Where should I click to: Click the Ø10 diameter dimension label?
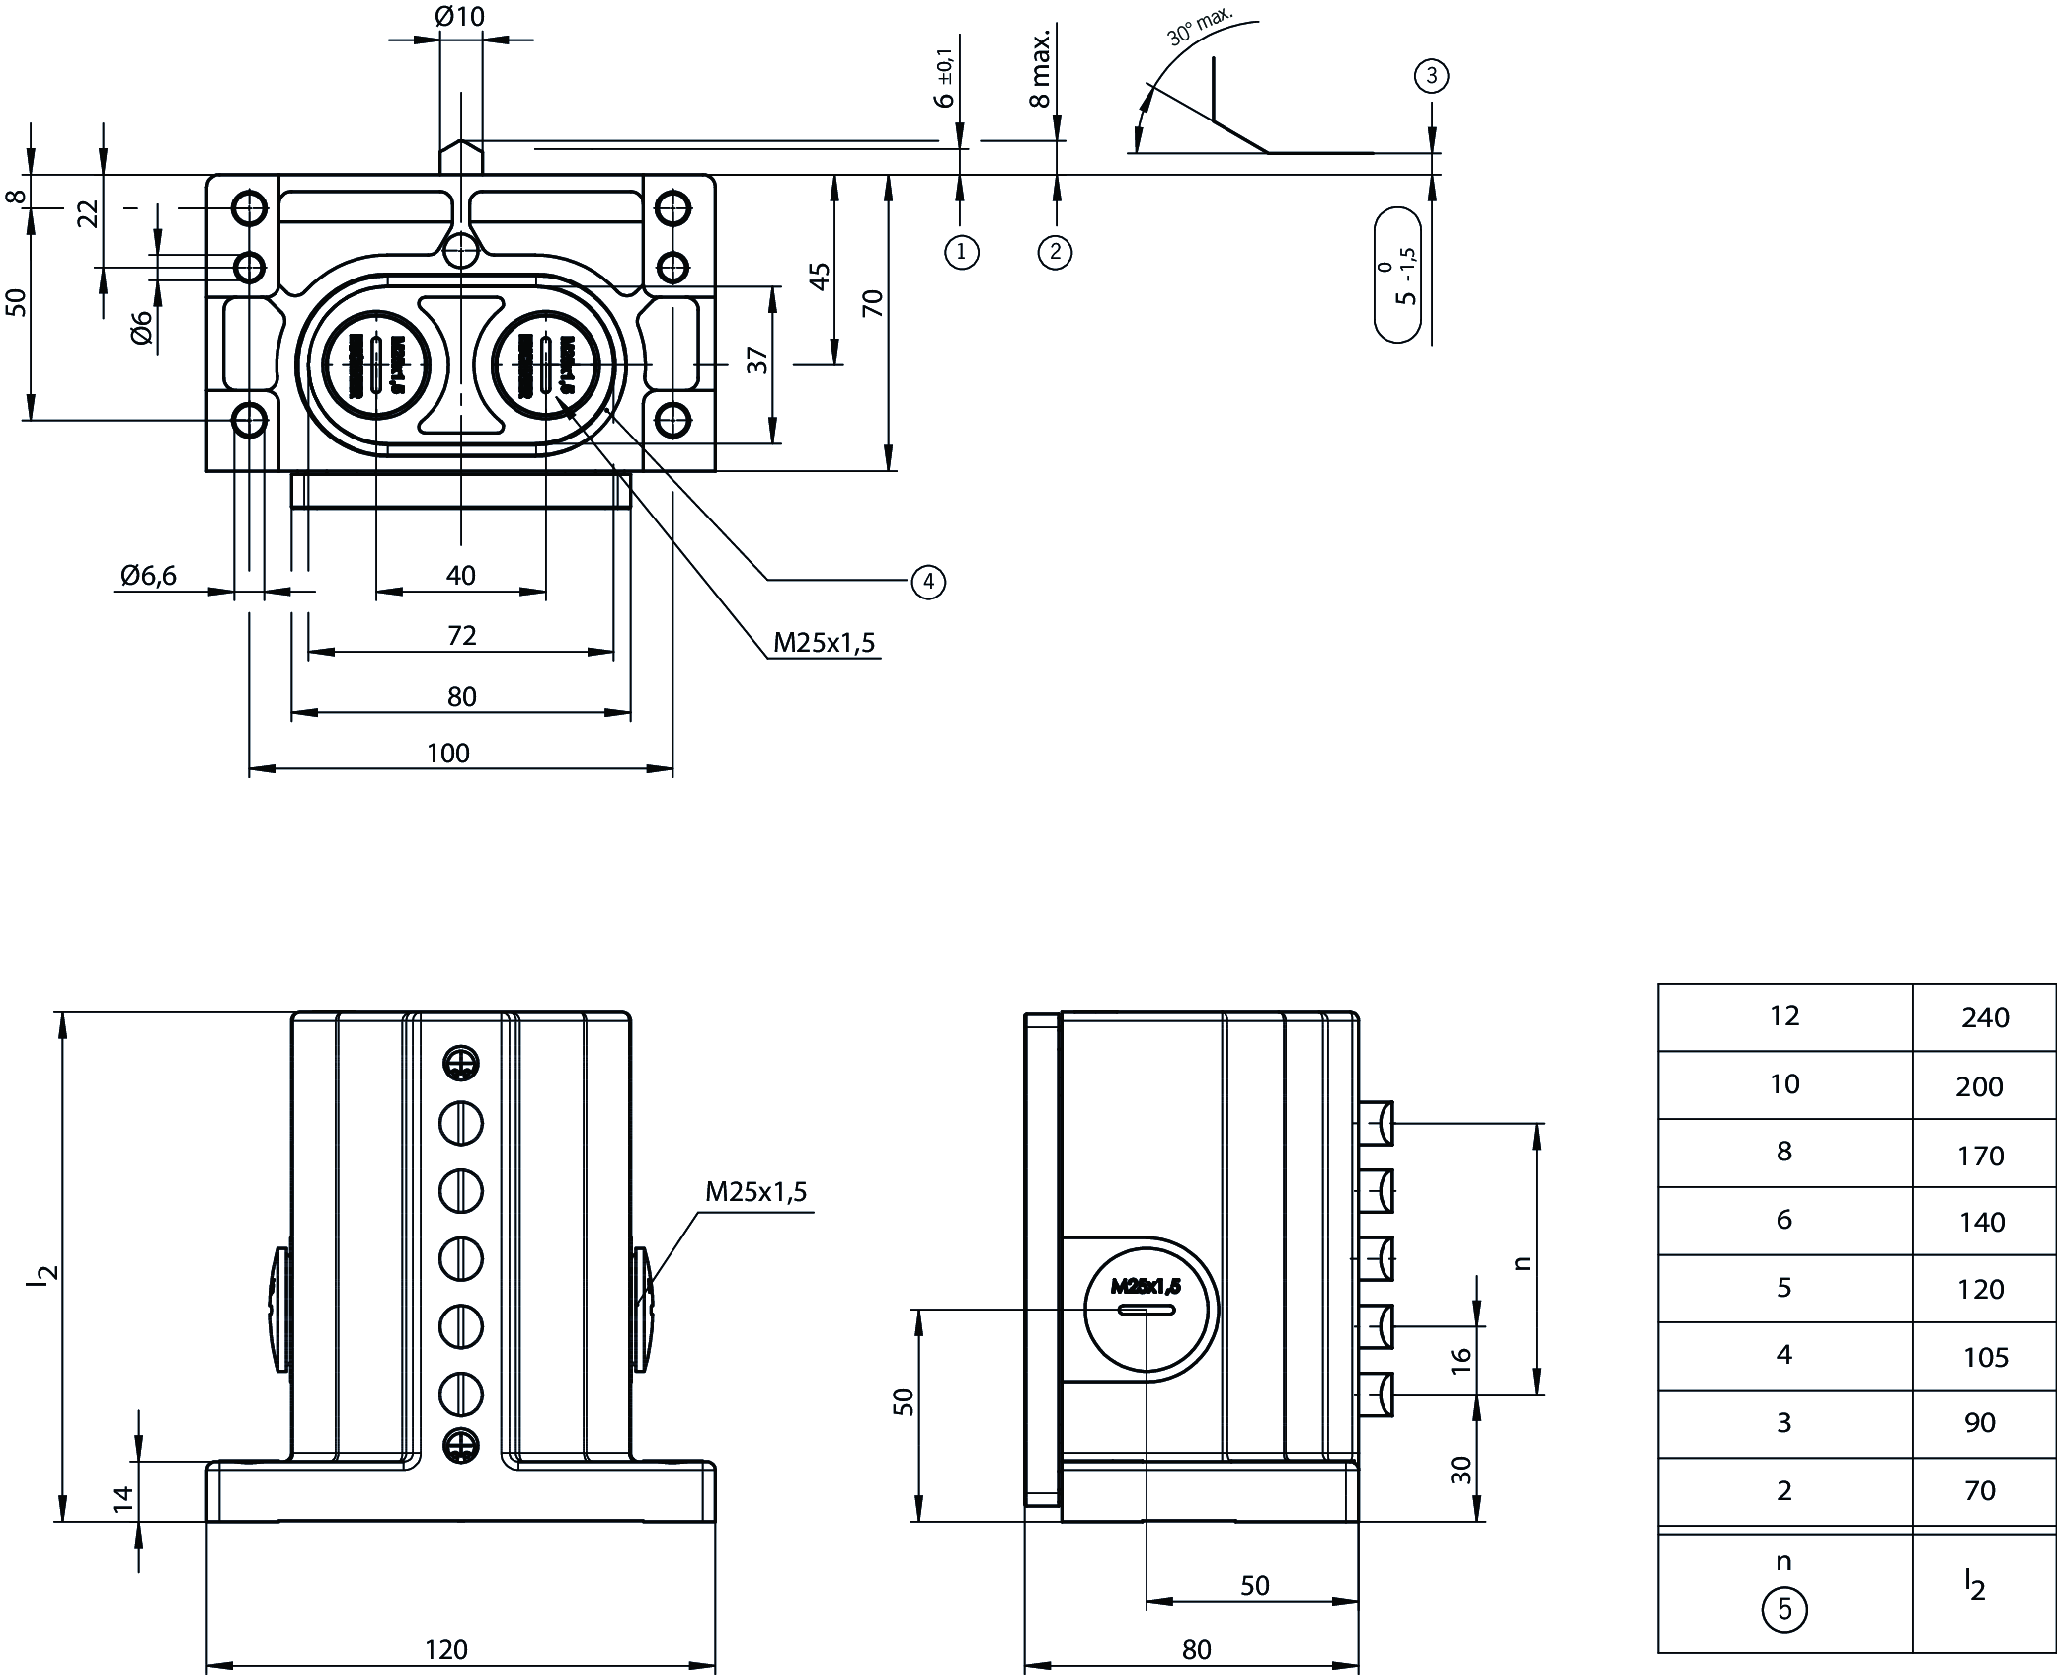[459, 17]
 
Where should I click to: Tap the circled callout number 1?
[962, 252]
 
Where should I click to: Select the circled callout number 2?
[1055, 252]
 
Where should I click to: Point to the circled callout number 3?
[1431, 76]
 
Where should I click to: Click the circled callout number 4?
[928, 582]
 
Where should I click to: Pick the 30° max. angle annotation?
[1199, 28]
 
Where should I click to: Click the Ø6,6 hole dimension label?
[149, 575]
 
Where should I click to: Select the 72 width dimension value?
[461, 635]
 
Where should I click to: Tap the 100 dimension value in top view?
[447, 754]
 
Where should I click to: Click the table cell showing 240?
[1985, 1018]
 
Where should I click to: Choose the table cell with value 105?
[1985, 1358]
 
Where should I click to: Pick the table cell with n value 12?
[1783, 1016]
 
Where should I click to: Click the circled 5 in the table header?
[1783, 1610]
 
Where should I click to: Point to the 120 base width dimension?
[445, 1649]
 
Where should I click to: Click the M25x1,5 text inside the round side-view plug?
[1146, 1286]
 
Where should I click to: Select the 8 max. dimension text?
[1040, 68]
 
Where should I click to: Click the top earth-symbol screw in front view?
[460, 1063]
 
